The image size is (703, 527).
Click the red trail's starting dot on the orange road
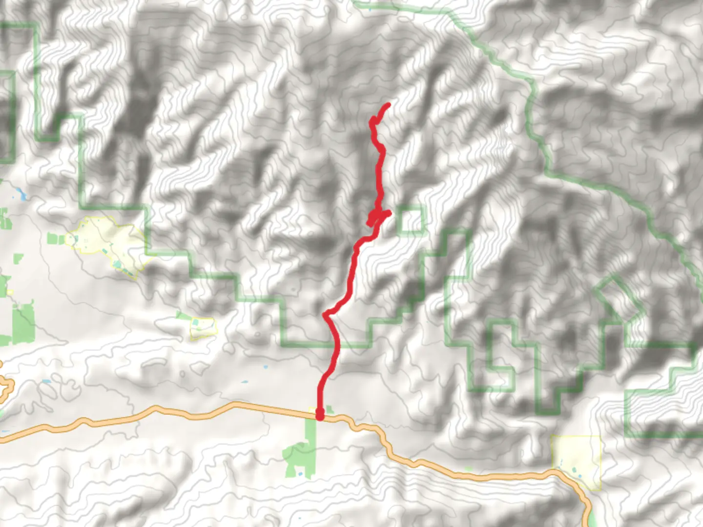pos(320,415)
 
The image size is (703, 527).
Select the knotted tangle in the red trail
pos(377,217)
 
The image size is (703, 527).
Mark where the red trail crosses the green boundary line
pos(336,345)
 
